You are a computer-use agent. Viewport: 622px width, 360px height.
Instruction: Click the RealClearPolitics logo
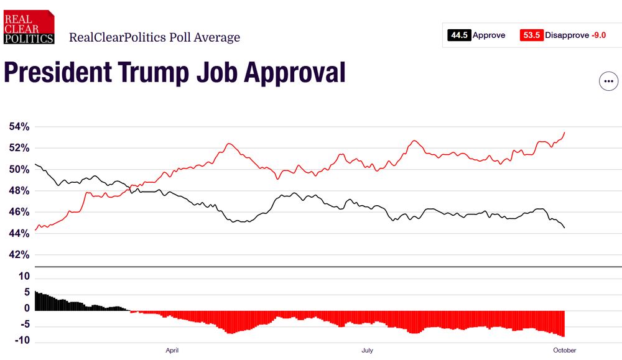(29, 27)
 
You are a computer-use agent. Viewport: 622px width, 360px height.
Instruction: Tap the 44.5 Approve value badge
(459, 35)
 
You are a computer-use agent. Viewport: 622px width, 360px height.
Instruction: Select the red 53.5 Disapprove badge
(531, 35)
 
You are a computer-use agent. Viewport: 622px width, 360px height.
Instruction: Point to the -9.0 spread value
(598, 35)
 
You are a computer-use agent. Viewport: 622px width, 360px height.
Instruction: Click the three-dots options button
(608, 81)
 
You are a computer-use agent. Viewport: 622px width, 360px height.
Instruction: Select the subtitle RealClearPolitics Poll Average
(154, 37)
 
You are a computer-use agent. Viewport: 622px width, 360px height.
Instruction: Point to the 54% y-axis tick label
(19, 127)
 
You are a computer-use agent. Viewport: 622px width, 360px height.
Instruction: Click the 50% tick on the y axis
(19, 170)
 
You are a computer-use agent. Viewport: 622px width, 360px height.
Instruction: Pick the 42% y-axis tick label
(19, 255)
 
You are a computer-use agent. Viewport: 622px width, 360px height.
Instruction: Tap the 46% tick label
(19, 212)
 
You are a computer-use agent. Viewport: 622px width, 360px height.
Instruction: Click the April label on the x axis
(172, 351)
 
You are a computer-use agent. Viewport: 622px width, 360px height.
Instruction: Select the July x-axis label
(368, 351)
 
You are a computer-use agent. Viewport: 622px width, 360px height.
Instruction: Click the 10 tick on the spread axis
(24, 276)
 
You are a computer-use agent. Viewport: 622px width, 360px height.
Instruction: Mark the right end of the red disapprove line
(564, 132)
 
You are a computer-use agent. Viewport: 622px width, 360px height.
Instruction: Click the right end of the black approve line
(564, 228)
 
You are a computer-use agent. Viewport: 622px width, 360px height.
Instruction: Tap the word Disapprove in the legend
(567, 35)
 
